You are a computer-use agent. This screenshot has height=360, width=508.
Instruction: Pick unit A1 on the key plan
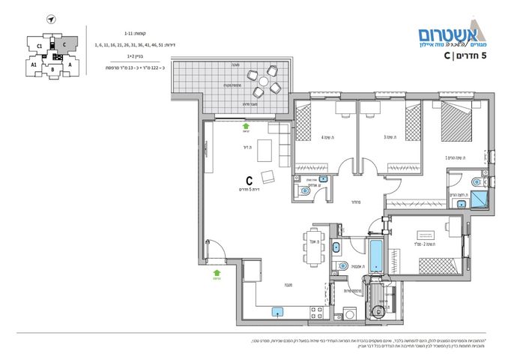(34, 64)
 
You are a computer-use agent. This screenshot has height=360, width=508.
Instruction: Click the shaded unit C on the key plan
(66, 43)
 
